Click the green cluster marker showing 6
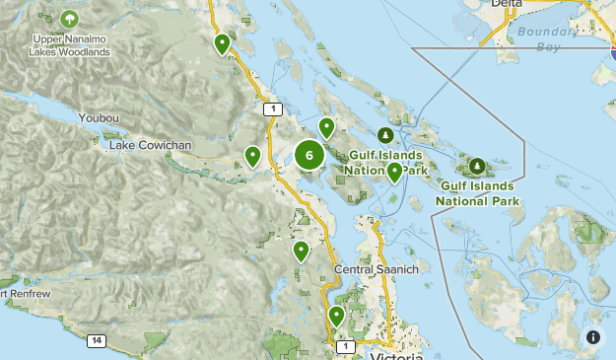(309, 155)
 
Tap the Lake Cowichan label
(151, 146)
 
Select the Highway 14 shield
(96, 340)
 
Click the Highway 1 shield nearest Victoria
(344, 346)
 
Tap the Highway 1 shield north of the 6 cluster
(272, 108)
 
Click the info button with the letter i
(593, 337)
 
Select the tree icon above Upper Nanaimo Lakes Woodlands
(69, 19)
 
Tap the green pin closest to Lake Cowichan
(253, 155)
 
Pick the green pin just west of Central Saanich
(302, 251)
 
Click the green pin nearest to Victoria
(337, 316)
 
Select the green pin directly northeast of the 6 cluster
(326, 126)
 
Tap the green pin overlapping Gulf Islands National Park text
(394, 172)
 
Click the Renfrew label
(20, 293)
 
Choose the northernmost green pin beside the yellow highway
(223, 43)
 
